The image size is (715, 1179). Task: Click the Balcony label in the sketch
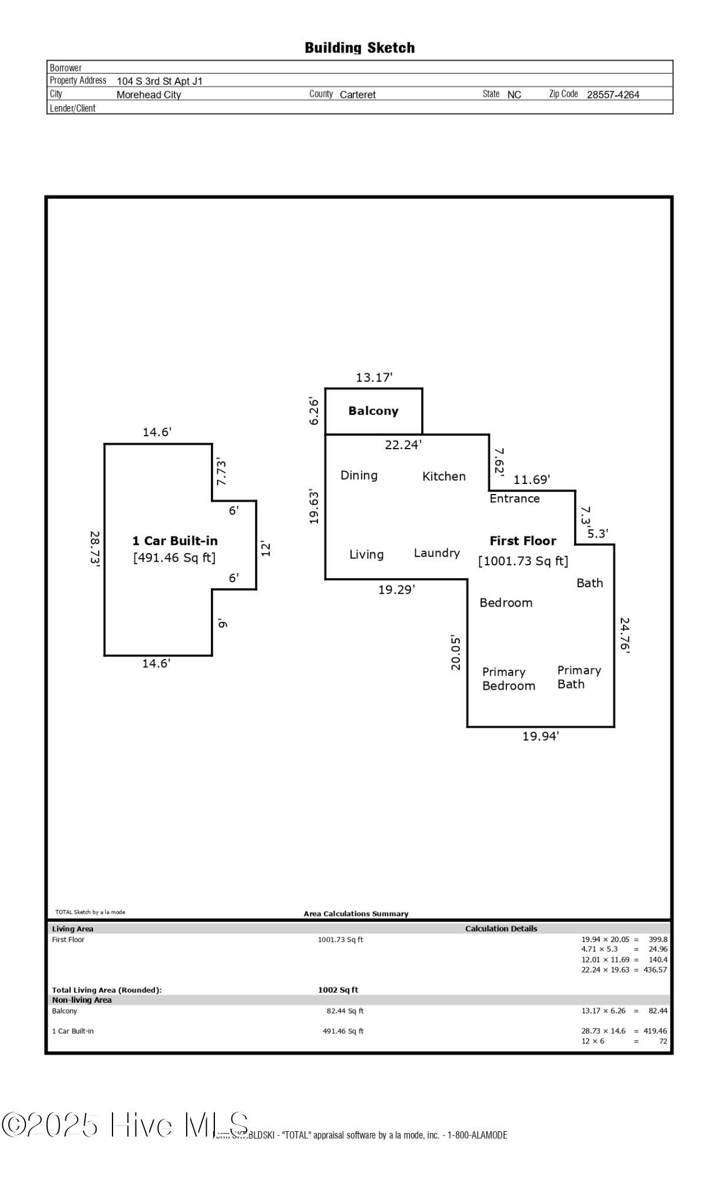coord(373,411)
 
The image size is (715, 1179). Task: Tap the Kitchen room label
coord(443,476)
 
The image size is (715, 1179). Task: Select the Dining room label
coord(359,475)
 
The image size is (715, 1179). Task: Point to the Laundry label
coord(436,553)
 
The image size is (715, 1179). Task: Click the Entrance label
coord(514,499)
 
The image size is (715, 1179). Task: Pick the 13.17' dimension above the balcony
coord(374,377)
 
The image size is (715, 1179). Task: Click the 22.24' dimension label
coord(403,445)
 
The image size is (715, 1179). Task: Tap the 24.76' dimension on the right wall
coord(624,635)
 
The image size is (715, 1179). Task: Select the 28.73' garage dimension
coord(95,549)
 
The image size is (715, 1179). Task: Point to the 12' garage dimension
coord(266,549)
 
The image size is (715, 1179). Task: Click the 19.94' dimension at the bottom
coord(541,736)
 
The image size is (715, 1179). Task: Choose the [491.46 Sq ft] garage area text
coord(174,558)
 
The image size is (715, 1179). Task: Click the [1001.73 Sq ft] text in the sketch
coord(523,561)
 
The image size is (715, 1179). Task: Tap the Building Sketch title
coord(359,48)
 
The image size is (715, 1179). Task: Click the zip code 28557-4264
coord(613,94)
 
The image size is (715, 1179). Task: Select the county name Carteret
coord(357,94)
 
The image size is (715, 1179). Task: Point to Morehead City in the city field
coord(148,94)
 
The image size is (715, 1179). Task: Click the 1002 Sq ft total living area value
coord(338,990)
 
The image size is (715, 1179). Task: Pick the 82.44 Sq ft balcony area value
coord(345,1010)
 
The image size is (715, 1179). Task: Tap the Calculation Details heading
coord(501,928)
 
